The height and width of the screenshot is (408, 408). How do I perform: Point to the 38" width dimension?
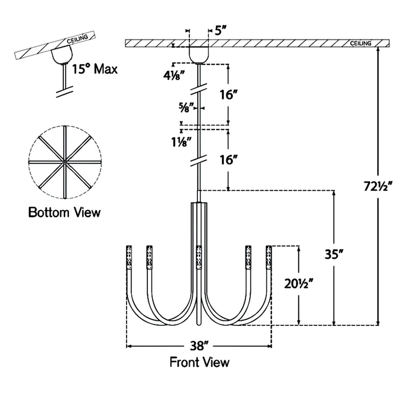click(199, 346)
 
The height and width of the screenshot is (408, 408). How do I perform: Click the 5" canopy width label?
click(220, 31)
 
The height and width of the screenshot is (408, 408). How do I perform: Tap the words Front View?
click(199, 363)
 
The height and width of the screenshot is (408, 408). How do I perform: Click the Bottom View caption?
click(64, 211)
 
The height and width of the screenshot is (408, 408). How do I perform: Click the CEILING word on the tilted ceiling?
click(78, 40)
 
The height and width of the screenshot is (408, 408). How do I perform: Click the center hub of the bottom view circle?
click(65, 162)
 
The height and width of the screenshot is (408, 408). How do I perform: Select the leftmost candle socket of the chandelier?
click(129, 257)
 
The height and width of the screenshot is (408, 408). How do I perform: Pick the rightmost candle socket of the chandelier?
click(268, 257)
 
